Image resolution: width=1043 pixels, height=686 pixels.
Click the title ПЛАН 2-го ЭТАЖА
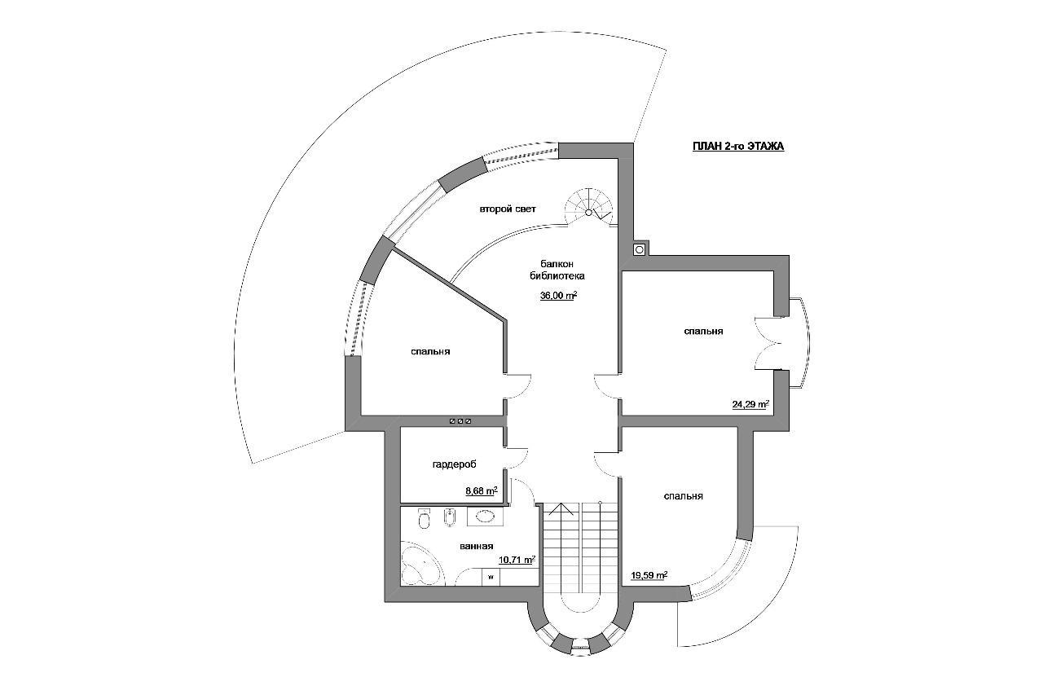(738, 147)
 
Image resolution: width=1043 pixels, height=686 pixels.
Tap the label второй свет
(508, 209)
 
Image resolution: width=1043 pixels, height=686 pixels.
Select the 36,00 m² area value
(559, 296)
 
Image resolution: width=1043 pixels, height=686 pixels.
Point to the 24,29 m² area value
(750, 404)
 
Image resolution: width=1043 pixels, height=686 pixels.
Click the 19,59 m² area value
(649, 575)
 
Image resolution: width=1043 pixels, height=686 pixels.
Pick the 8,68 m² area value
(482, 490)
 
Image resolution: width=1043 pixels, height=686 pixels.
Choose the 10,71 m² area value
(517, 560)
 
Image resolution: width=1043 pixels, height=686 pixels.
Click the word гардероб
(455, 464)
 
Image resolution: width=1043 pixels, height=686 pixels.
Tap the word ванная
(476, 547)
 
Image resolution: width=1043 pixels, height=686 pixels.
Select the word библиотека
(557, 276)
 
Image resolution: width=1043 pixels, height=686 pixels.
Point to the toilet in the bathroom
(425, 518)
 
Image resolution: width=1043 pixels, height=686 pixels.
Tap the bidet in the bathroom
(449, 517)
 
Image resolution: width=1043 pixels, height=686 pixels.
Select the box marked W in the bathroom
(491, 577)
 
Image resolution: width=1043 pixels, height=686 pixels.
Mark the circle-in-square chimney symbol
(640, 249)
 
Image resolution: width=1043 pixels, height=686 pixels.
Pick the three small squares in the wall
(460, 421)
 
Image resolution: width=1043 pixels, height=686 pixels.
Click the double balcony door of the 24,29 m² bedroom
(768, 344)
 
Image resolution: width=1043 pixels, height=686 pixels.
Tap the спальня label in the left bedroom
(430, 352)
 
